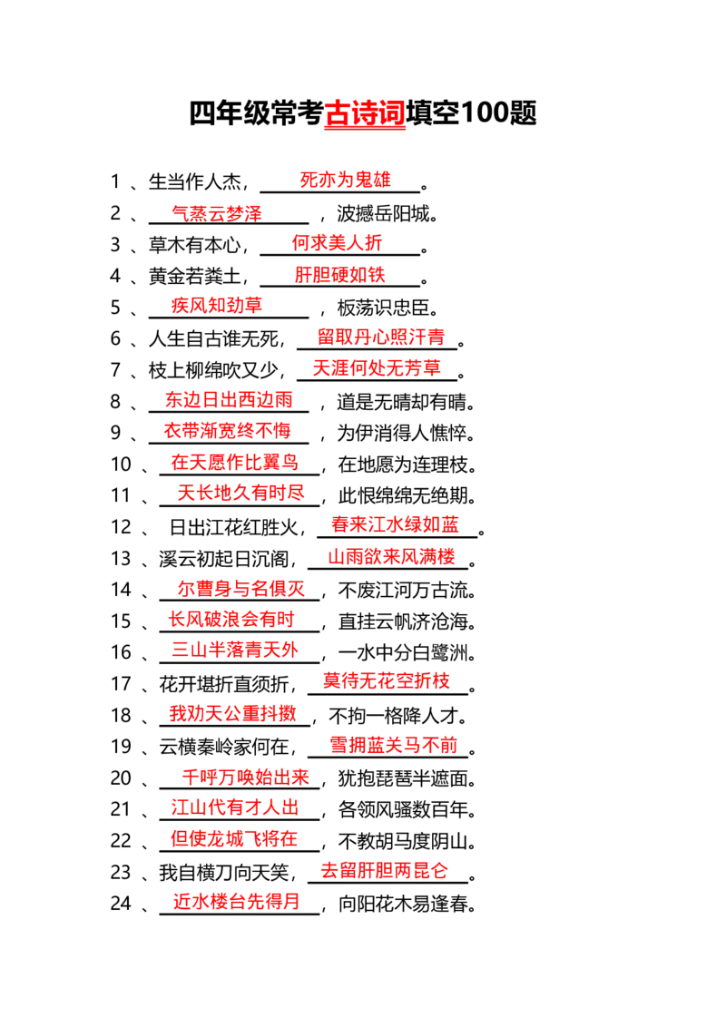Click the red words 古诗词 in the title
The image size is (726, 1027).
tap(365, 113)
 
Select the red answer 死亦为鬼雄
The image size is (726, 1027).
tap(346, 180)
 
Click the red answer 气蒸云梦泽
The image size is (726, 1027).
tap(217, 212)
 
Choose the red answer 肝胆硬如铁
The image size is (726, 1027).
tap(339, 274)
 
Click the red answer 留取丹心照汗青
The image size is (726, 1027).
tap(381, 337)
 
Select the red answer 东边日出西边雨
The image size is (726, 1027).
tap(229, 399)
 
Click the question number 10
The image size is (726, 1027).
tap(122, 465)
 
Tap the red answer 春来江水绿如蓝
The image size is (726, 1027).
tap(395, 524)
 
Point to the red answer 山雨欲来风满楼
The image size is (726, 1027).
tap(392, 557)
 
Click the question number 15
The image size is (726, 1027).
tap(122, 621)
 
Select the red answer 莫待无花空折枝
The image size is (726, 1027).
tap(387, 680)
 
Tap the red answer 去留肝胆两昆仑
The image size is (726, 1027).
tap(384, 870)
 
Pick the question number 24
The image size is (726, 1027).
tap(122, 904)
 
